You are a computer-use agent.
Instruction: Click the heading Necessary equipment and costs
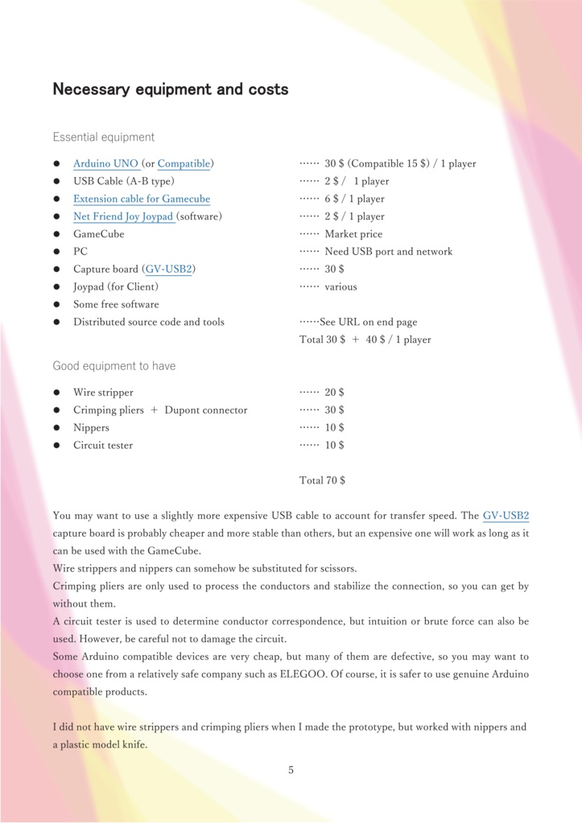click(170, 89)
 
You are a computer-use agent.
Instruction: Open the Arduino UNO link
click(105, 164)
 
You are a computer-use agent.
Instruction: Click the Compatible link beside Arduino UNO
click(184, 164)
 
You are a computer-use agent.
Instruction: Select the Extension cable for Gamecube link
click(142, 200)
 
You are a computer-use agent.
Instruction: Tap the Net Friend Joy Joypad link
click(123, 217)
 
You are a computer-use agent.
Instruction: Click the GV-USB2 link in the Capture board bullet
click(169, 270)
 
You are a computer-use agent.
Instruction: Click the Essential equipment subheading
click(104, 138)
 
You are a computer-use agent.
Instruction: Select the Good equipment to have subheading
click(114, 366)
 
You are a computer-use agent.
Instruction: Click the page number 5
click(291, 770)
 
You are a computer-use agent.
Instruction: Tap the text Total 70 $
click(322, 480)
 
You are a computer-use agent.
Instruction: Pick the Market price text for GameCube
click(353, 234)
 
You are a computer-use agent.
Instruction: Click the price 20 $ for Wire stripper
click(334, 393)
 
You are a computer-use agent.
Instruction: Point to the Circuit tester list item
click(103, 446)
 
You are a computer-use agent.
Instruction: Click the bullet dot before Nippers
click(57, 428)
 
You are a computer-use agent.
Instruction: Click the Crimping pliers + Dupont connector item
click(160, 410)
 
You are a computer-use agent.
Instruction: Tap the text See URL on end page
click(369, 323)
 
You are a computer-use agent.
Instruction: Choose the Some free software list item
click(116, 305)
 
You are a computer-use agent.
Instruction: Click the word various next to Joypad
click(341, 287)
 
